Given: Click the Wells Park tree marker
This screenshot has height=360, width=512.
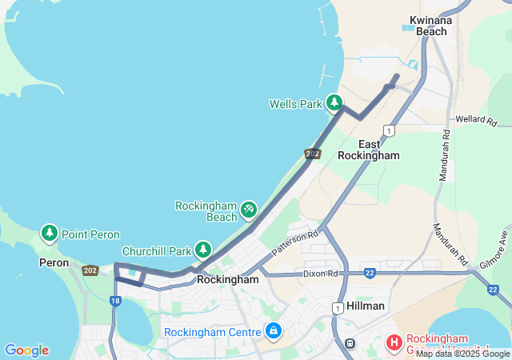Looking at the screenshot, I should [334, 103].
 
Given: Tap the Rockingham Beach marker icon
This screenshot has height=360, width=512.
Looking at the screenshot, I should [248, 209].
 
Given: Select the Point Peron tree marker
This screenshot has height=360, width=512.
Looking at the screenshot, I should [50, 234].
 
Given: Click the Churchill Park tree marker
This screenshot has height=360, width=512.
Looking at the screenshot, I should [203, 250].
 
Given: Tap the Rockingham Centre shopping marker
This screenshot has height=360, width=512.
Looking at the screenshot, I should [274, 330].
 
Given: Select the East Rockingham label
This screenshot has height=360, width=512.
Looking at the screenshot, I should [368, 150].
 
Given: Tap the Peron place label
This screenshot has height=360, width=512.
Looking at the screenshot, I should [54, 262].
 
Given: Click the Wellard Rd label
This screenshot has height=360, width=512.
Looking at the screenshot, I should [476, 121].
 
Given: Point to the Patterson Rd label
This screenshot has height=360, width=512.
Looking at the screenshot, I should [294, 242].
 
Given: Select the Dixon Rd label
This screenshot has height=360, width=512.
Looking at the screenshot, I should [321, 274].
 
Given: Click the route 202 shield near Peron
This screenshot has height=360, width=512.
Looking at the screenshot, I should [90, 271].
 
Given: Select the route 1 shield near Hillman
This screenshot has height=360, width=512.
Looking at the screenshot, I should [339, 307].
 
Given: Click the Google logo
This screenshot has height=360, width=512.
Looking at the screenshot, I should [26, 350].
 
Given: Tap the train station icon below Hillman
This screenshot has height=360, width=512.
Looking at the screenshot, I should [350, 343].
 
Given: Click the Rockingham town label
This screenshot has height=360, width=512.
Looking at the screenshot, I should [228, 280].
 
